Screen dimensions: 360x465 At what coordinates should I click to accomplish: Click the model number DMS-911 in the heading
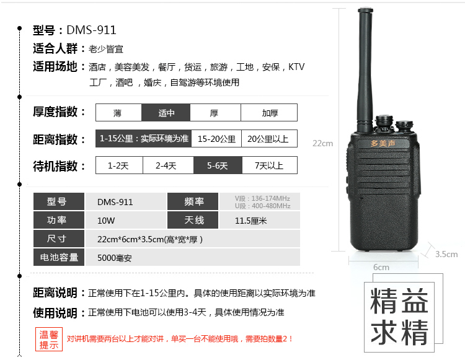coord(91,30)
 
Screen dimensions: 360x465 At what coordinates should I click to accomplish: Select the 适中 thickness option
coord(166,113)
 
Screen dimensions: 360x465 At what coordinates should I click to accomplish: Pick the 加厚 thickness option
coord(269,113)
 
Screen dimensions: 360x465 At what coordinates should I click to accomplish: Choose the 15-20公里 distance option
coord(216,139)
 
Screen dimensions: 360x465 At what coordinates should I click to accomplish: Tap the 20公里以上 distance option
coord(268,139)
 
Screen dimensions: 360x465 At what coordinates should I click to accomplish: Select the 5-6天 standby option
coord(217,165)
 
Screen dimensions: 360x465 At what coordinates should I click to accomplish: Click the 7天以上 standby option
coord(268,165)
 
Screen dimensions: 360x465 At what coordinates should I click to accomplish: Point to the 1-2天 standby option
coord(118,165)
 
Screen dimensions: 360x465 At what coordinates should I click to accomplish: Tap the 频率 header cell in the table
coord(193,201)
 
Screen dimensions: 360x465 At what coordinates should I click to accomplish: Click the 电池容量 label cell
coord(59,257)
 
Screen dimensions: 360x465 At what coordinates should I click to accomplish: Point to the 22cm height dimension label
coord(322,143)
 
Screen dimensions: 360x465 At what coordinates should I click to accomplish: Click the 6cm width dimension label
coord(381,267)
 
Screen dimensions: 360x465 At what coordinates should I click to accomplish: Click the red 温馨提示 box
coord(49,340)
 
